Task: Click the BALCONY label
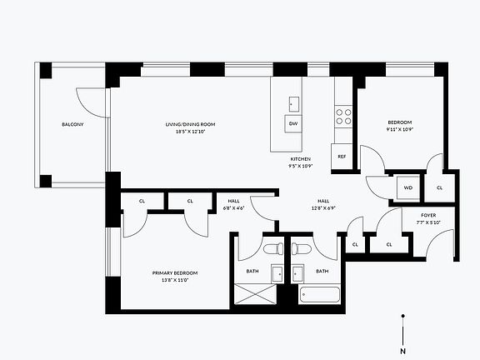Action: [72, 125]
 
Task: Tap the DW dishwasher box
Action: [293, 124]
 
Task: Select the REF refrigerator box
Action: [342, 156]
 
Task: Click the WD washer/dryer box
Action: [408, 187]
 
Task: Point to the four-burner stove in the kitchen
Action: [343, 116]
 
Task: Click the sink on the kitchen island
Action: [293, 103]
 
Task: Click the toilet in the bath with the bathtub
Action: [301, 248]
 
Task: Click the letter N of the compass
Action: [403, 351]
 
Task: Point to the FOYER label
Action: [428, 216]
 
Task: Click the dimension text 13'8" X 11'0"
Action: [175, 281]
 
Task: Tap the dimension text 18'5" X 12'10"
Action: [191, 132]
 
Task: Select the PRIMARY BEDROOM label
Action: [175, 272]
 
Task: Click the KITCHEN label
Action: [300, 158]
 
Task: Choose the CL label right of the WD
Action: [439, 187]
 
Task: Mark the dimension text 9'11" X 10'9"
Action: [399, 129]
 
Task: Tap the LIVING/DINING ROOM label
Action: [191, 124]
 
